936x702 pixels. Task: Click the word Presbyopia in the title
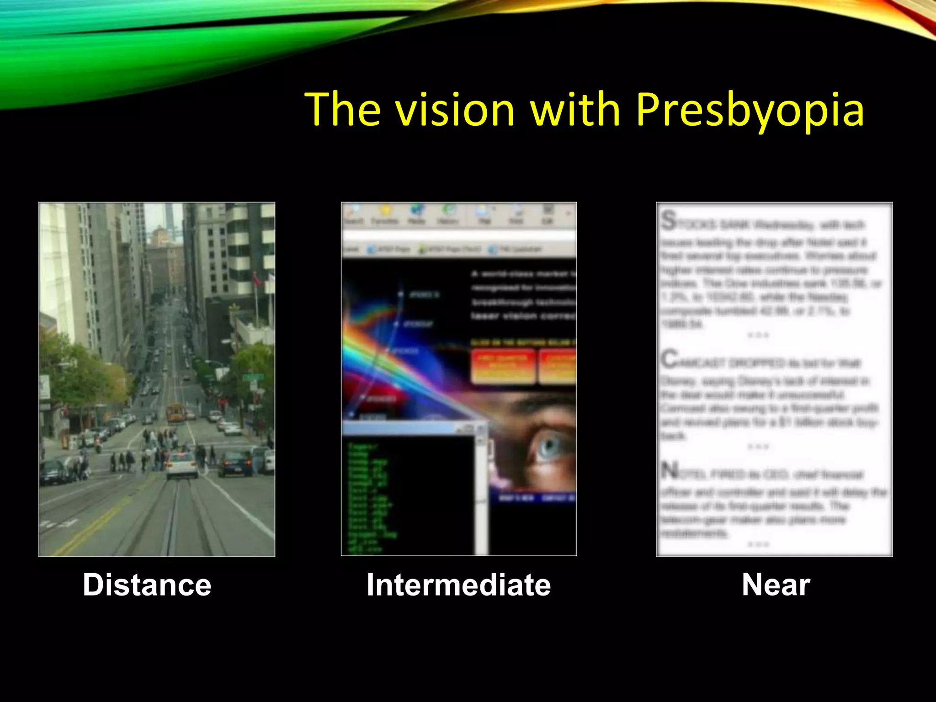(x=750, y=110)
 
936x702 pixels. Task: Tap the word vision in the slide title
(x=455, y=110)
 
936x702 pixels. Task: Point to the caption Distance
(x=147, y=585)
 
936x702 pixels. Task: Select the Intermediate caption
(x=458, y=585)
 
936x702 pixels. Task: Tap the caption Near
(x=776, y=585)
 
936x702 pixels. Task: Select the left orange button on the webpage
(x=503, y=366)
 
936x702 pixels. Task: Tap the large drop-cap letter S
(x=669, y=221)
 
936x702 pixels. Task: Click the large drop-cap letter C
(x=670, y=359)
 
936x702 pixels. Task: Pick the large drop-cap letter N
(x=670, y=471)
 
